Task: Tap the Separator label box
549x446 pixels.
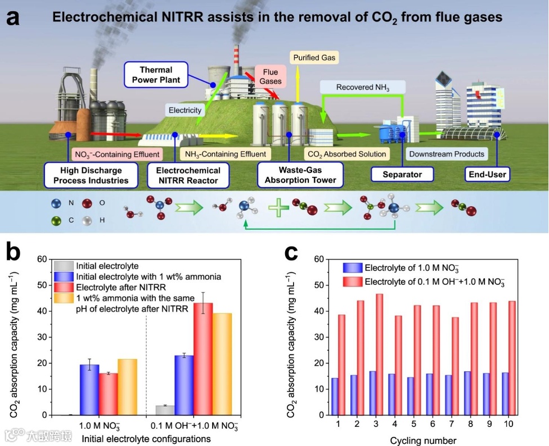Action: coord(402,174)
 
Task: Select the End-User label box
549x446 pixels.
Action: coord(488,174)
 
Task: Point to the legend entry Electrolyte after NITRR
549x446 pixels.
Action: coord(107,286)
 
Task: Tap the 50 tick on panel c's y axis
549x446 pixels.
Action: coord(318,285)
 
